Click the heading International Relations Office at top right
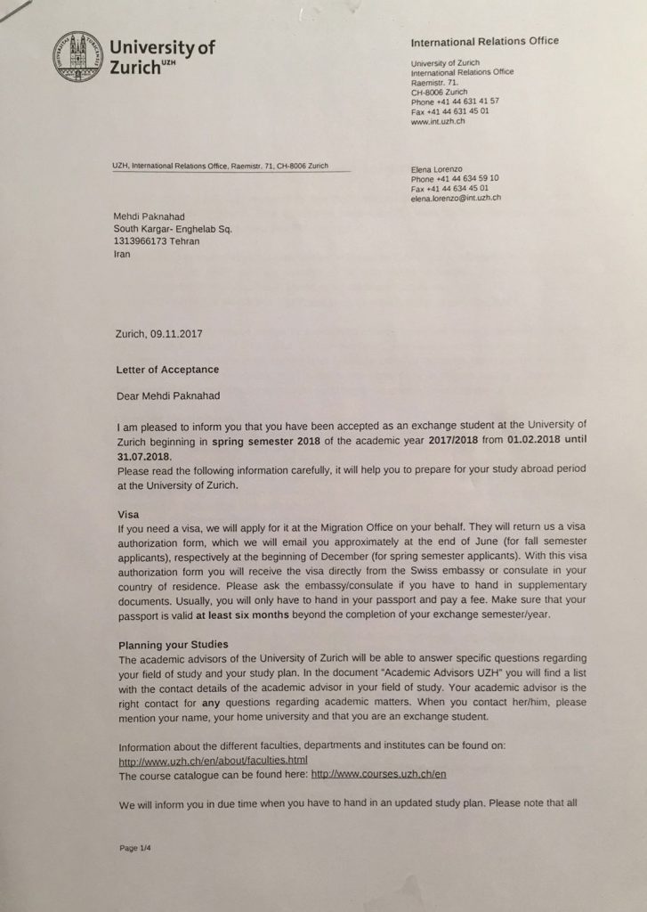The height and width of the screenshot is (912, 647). pyautogui.click(x=485, y=41)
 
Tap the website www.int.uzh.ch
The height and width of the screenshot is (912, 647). pyautogui.click(x=438, y=120)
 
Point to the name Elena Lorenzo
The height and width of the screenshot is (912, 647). pyautogui.click(x=438, y=168)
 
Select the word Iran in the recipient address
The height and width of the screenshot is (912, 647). pyautogui.click(x=122, y=254)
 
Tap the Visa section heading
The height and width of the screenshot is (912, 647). pyautogui.click(x=130, y=515)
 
